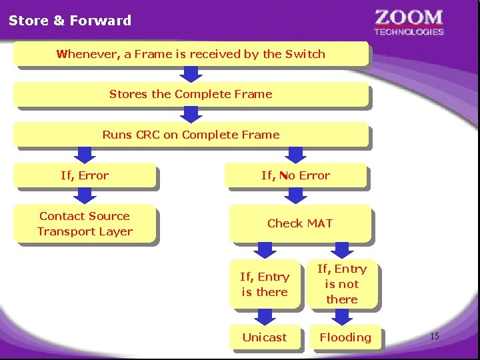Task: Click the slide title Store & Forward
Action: click(70, 21)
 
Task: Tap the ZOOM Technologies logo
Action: click(408, 21)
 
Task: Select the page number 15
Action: click(434, 336)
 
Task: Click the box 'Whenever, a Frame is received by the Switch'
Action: click(191, 54)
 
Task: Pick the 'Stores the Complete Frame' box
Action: click(191, 94)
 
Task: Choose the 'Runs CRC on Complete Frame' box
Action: click(191, 135)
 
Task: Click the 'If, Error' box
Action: click(85, 176)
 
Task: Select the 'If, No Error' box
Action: click(295, 176)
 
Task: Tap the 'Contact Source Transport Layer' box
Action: click(85, 224)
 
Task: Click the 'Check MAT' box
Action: click(299, 223)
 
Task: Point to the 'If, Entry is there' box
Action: click(265, 285)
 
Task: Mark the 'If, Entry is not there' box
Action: click(342, 284)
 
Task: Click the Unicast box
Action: click(265, 337)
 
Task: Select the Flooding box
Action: click(345, 337)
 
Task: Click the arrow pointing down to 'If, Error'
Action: click(85, 155)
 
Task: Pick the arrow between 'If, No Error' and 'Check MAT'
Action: click(295, 195)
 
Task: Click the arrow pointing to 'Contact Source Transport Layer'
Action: click(85, 196)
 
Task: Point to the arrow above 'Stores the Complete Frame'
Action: click(191, 74)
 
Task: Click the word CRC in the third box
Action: click(147, 135)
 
